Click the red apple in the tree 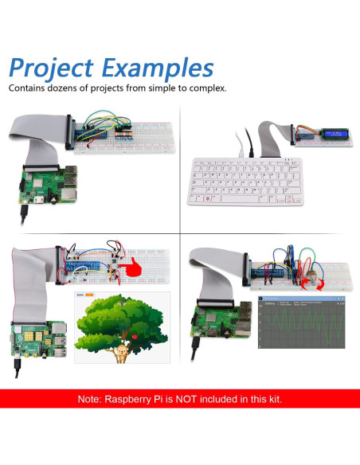coord(135,337)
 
